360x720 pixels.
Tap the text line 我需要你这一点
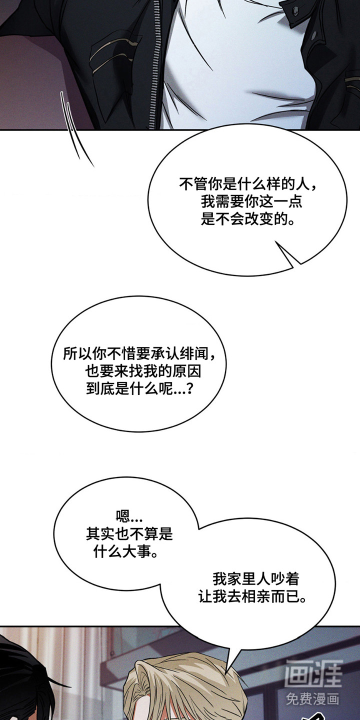(x=251, y=202)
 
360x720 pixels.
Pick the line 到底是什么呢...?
(x=139, y=389)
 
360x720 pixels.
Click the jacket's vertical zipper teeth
(x=156, y=64)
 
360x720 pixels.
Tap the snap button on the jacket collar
(x=295, y=10)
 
